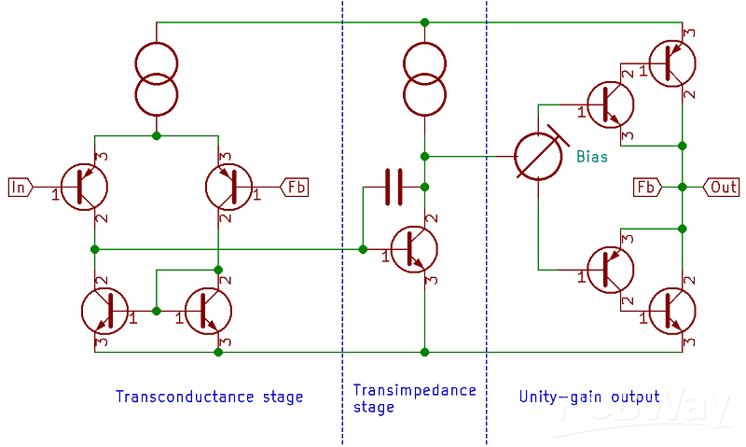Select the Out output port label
coord(720,187)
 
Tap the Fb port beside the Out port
coord(645,187)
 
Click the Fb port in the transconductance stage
coord(295,187)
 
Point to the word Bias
coord(592,157)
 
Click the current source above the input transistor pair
coord(157,78)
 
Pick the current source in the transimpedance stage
coord(425,78)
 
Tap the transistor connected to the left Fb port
coord(229,187)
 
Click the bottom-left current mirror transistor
coord(106,312)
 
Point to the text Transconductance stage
coord(209,397)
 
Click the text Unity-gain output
coord(588,397)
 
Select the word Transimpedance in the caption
coord(414,390)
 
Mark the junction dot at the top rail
coord(425,21)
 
